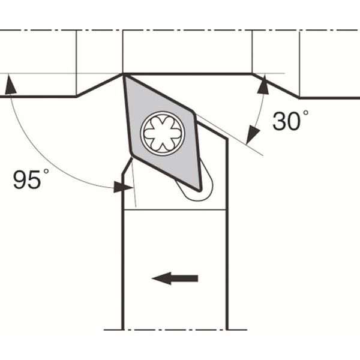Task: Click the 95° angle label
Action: click(31, 179)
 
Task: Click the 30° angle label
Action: click(290, 120)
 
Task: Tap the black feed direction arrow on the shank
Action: click(175, 278)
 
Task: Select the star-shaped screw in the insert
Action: click(163, 133)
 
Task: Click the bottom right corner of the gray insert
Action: click(200, 190)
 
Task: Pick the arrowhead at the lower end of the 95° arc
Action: click(123, 187)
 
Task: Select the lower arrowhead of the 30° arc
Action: click(252, 136)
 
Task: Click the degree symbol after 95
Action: click(46, 171)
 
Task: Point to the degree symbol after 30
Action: click(305, 113)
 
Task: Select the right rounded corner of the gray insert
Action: click(194, 113)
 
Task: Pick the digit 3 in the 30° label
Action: click(279, 121)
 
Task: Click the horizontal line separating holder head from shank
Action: click(175, 209)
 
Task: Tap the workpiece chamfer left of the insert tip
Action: click(99, 85)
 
